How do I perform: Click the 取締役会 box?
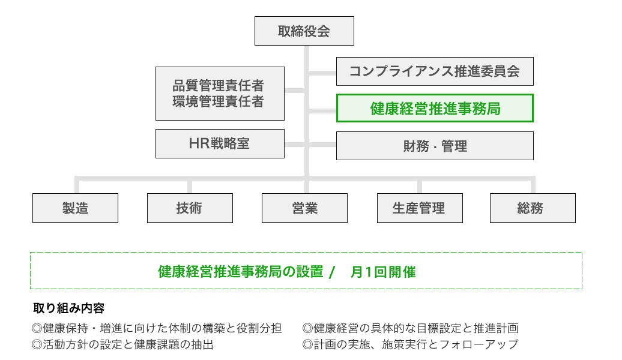pyautogui.click(x=304, y=31)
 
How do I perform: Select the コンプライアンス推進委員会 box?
pyautogui.click(x=435, y=71)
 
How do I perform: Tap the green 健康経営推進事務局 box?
pyautogui.click(x=435, y=108)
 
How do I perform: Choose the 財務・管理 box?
pyautogui.click(x=435, y=146)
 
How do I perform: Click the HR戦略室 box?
pyautogui.click(x=220, y=143)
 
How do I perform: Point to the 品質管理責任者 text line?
pyautogui.click(x=218, y=85)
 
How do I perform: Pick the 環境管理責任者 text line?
pyautogui.click(x=218, y=101)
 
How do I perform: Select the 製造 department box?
pyautogui.click(x=76, y=208)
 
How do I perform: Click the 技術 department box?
pyautogui.click(x=190, y=208)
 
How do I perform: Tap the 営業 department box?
pyautogui.click(x=304, y=208)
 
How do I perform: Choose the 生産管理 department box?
pyautogui.click(x=420, y=208)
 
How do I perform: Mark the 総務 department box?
pyautogui.click(x=533, y=208)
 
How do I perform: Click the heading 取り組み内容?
pyautogui.click(x=68, y=308)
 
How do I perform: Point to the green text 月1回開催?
pyautogui.click(x=383, y=272)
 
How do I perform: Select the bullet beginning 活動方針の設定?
pyautogui.click(x=122, y=344)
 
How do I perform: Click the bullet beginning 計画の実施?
pyautogui.click(x=410, y=344)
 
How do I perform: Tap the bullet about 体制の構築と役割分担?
pyautogui.click(x=157, y=328)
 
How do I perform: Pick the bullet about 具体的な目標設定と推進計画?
pyautogui.click(x=411, y=328)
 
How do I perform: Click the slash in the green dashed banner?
pyautogui.click(x=332, y=272)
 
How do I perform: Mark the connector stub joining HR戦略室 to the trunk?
pyautogui.click(x=295, y=145)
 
